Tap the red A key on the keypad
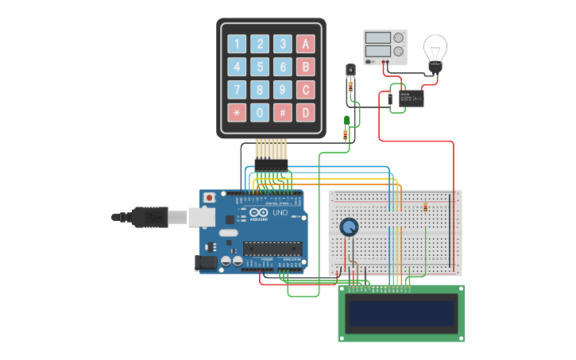click(x=306, y=44)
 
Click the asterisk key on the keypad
click(x=237, y=113)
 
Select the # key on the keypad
click(x=283, y=113)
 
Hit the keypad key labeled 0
click(x=260, y=113)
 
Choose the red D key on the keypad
click(x=306, y=113)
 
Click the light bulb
click(x=435, y=52)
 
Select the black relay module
click(x=411, y=99)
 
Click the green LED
click(x=346, y=122)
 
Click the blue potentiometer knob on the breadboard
click(x=349, y=228)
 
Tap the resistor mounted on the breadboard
click(x=427, y=208)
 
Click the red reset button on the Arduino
click(x=210, y=197)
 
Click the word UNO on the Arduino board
click(x=280, y=213)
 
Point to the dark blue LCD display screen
click(x=402, y=313)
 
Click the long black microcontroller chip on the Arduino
click(x=273, y=248)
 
